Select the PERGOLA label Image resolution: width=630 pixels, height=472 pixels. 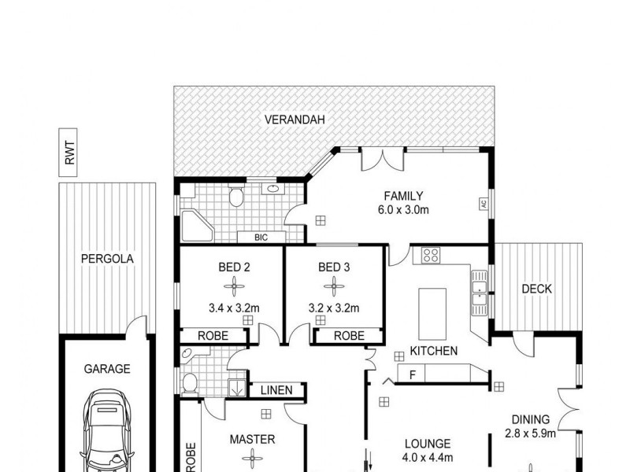[107, 258]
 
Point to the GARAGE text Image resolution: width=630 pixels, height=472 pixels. [108, 368]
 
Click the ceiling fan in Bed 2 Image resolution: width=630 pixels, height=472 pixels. [234, 288]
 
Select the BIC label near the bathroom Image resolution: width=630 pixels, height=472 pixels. [260, 237]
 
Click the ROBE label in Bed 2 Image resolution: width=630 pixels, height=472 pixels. [213, 336]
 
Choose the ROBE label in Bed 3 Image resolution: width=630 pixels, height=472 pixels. [349, 336]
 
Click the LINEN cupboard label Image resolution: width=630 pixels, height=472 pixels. [276, 390]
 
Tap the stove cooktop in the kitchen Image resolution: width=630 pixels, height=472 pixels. [431, 254]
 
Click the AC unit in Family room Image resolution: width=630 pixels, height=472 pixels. [484, 204]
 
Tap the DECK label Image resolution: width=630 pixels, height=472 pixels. [537, 289]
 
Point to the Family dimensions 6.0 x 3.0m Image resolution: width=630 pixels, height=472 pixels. [403, 210]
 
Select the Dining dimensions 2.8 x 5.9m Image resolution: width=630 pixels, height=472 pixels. [530, 433]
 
